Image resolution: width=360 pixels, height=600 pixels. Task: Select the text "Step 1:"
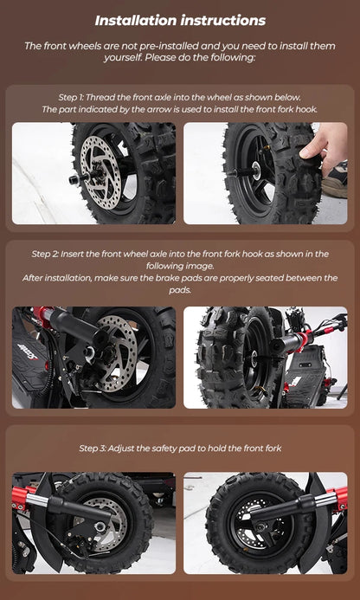pyautogui.click(x=72, y=97)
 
